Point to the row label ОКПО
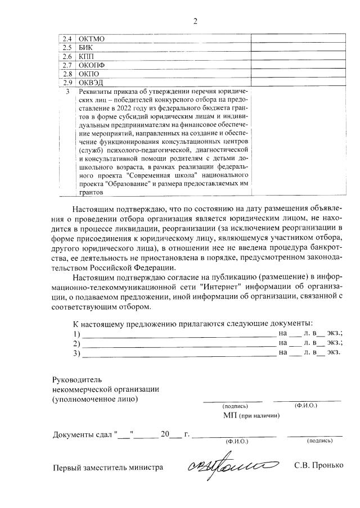pyautogui.click(x=89, y=74)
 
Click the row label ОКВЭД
pyautogui.click(x=91, y=83)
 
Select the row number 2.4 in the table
pyautogui.click(x=66, y=39)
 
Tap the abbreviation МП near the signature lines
pyautogui.click(x=229, y=415)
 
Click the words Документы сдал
pyautogui.click(x=82, y=434)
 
